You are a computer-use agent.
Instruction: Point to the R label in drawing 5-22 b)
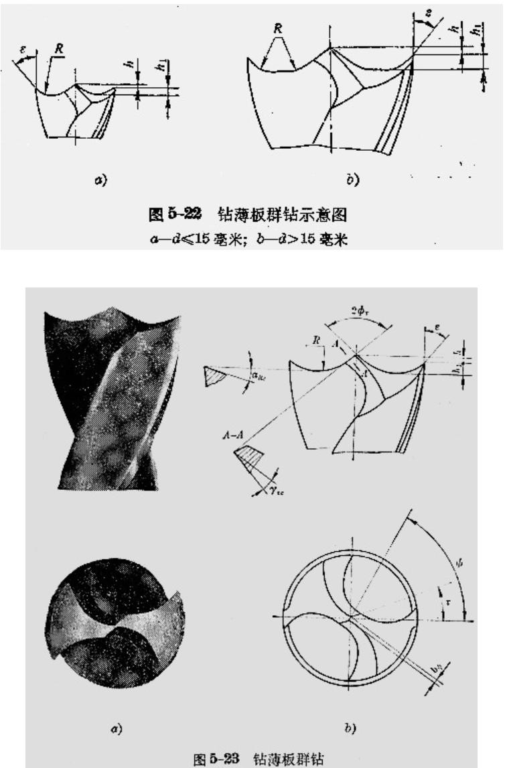pyautogui.click(x=278, y=29)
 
